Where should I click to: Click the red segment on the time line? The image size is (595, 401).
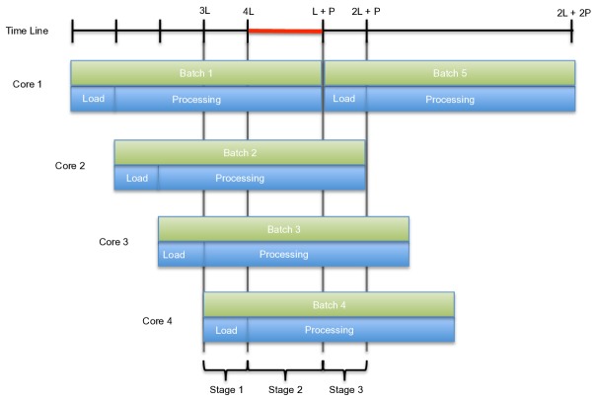[x=285, y=31]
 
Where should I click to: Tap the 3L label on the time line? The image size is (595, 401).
[x=204, y=10]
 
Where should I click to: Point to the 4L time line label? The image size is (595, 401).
[x=248, y=10]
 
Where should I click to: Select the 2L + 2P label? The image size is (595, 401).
[x=572, y=10]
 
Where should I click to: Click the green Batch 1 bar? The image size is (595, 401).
[x=196, y=73]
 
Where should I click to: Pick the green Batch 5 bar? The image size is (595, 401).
[x=450, y=73]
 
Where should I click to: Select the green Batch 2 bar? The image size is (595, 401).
[x=240, y=152]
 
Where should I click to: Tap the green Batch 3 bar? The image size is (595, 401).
[x=283, y=229]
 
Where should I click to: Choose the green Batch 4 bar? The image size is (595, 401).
[x=329, y=304]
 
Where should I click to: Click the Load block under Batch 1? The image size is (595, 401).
[x=93, y=99]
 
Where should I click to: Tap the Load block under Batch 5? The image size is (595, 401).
[x=345, y=99]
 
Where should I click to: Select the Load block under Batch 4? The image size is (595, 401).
[x=225, y=330]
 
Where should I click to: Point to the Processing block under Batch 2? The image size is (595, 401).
[x=261, y=178]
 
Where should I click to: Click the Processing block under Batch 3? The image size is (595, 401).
[x=305, y=255]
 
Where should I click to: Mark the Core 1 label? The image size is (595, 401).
[x=28, y=85]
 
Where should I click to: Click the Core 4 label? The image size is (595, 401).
[x=157, y=320]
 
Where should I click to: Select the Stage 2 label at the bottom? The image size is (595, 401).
[x=285, y=390]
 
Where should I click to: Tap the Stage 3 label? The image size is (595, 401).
[x=345, y=390]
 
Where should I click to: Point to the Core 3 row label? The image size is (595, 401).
[x=113, y=241]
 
